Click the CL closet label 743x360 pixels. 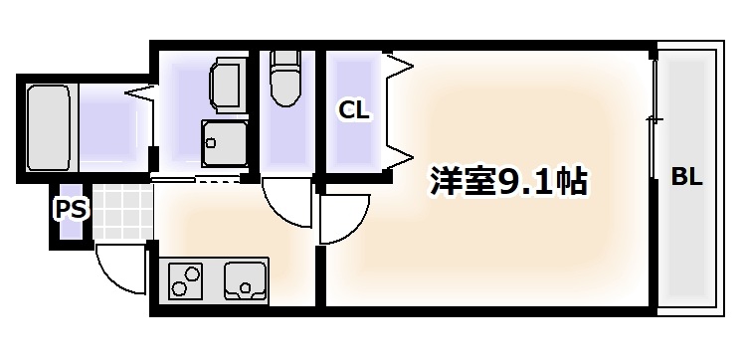coord(354,110)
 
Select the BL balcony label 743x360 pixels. coord(687,178)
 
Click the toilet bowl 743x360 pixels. coord(286,89)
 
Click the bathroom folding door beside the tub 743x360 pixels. coord(139,94)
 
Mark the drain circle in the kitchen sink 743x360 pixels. coord(244,290)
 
